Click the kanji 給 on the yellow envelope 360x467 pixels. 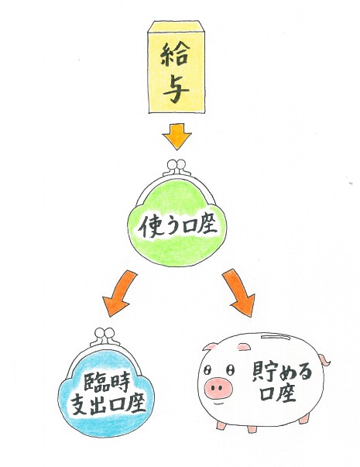[176, 54]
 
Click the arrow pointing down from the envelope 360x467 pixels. [177, 137]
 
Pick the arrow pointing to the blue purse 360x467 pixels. [118, 293]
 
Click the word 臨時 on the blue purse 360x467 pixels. [106, 384]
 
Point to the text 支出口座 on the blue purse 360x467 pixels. [108, 406]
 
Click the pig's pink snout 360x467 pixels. [218, 387]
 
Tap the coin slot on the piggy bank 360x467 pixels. [276, 337]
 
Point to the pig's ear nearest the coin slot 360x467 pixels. [244, 346]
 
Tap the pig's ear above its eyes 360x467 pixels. [211, 346]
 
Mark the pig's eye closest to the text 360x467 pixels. [230, 370]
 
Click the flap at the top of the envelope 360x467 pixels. [177, 25]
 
